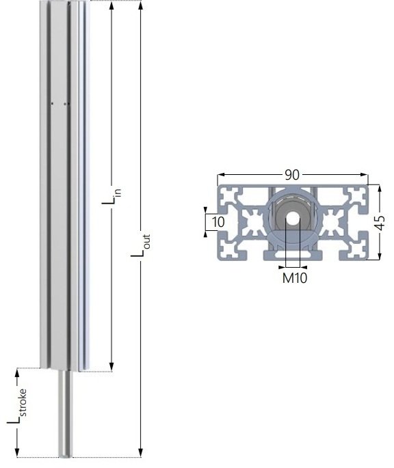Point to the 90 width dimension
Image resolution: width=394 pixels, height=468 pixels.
pyautogui.click(x=292, y=175)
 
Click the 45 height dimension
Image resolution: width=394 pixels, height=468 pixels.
pyautogui.click(x=380, y=223)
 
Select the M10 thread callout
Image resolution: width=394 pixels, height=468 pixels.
pyautogui.click(x=293, y=277)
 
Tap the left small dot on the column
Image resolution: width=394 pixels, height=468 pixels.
pyautogui.click(x=53, y=104)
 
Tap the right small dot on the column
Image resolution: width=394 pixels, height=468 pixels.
pyautogui.click(x=66, y=104)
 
